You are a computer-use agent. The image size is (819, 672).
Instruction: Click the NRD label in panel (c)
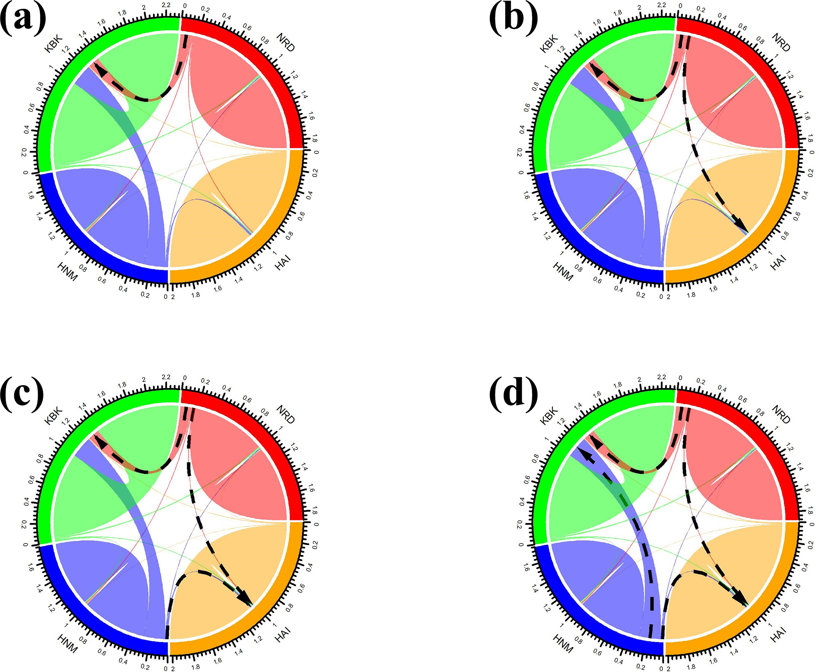(286, 414)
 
